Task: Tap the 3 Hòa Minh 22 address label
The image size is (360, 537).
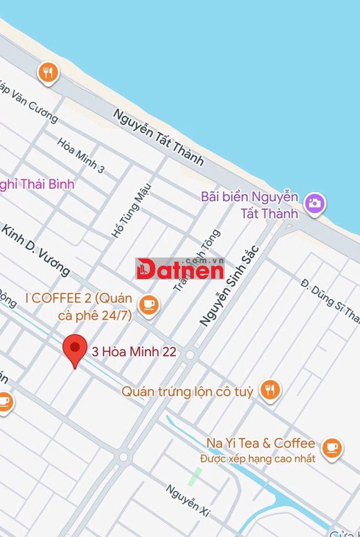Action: [x=134, y=352]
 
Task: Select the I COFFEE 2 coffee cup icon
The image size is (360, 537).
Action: [x=148, y=305]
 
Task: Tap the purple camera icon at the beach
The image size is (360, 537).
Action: [x=315, y=203]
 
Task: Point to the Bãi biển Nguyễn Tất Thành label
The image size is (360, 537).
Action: [x=250, y=205]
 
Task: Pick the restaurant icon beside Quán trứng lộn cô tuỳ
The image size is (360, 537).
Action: [x=270, y=390]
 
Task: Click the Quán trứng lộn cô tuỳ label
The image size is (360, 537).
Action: [x=187, y=391]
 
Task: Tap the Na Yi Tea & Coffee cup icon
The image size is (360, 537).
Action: [x=331, y=447]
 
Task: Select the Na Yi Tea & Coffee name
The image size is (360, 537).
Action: [x=260, y=443]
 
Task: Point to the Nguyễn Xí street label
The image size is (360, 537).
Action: [x=188, y=501]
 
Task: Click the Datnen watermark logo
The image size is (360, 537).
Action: [x=180, y=268]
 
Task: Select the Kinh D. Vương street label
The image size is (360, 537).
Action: [x=36, y=250]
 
